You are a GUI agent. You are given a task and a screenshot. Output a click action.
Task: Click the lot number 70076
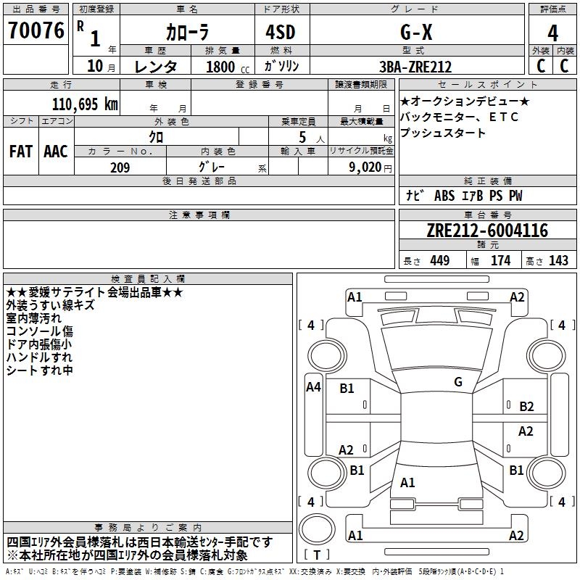coord(36,31)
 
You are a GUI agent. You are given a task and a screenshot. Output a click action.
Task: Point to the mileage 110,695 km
coord(85,104)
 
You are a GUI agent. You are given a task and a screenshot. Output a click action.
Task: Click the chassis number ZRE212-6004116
coord(487,231)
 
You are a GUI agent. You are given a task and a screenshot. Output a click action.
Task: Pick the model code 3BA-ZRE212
coord(415,67)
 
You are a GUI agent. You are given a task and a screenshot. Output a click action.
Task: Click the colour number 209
coord(120,167)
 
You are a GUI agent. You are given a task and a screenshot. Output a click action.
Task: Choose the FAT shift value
coord(20,152)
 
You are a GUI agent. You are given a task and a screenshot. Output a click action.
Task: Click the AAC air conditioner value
coord(55,152)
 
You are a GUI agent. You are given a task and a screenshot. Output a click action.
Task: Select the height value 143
coord(558,260)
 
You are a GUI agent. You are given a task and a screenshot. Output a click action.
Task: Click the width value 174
coord(500,260)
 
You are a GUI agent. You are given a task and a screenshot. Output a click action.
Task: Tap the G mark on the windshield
coord(457,382)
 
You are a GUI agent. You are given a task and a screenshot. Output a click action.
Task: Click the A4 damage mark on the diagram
coord(313,387)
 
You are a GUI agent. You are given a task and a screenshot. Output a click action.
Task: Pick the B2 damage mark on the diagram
coord(526,407)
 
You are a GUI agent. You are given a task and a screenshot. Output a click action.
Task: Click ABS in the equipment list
coord(444,196)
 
